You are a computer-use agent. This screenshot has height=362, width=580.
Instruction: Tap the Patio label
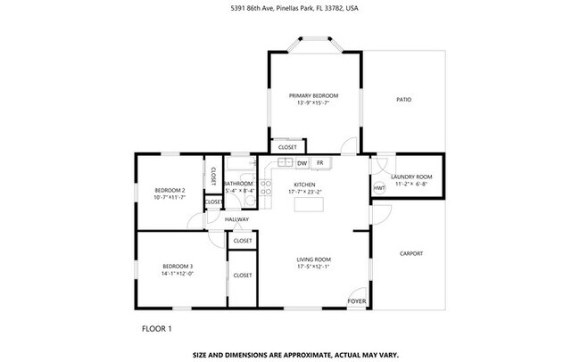click(x=403, y=99)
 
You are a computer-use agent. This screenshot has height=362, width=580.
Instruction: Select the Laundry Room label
click(x=411, y=177)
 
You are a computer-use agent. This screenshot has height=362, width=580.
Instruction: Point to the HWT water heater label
click(x=379, y=188)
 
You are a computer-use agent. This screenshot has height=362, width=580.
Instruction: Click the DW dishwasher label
click(x=302, y=163)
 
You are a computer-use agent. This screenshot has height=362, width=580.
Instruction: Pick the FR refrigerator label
click(x=319, y=163)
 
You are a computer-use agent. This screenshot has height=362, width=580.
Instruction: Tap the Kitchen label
click(x=305, y=185)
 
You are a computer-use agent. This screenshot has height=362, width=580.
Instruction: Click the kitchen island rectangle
click(x=308, y=206)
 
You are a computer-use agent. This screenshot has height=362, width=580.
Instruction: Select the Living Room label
click(x=314, y=259)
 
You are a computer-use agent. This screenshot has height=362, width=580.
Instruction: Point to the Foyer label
click(x=357, y=301)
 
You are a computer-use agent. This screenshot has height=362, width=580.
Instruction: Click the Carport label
click(x=411, y=253)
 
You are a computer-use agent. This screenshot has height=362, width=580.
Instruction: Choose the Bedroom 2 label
click(x=170, y=190)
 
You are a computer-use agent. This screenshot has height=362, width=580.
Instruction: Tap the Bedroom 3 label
click(x=178, y=266)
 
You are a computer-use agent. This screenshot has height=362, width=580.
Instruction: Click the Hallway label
click(x=236, y=219)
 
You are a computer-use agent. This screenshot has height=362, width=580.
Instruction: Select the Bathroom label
click(x=239, y=184)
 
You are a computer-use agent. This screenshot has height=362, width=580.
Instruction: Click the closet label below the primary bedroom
click(x=287, y=147)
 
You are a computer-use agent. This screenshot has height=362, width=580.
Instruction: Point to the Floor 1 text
click(x=156, y=328)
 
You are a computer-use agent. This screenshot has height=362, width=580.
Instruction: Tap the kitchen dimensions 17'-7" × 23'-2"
click(x=305, y=192)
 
